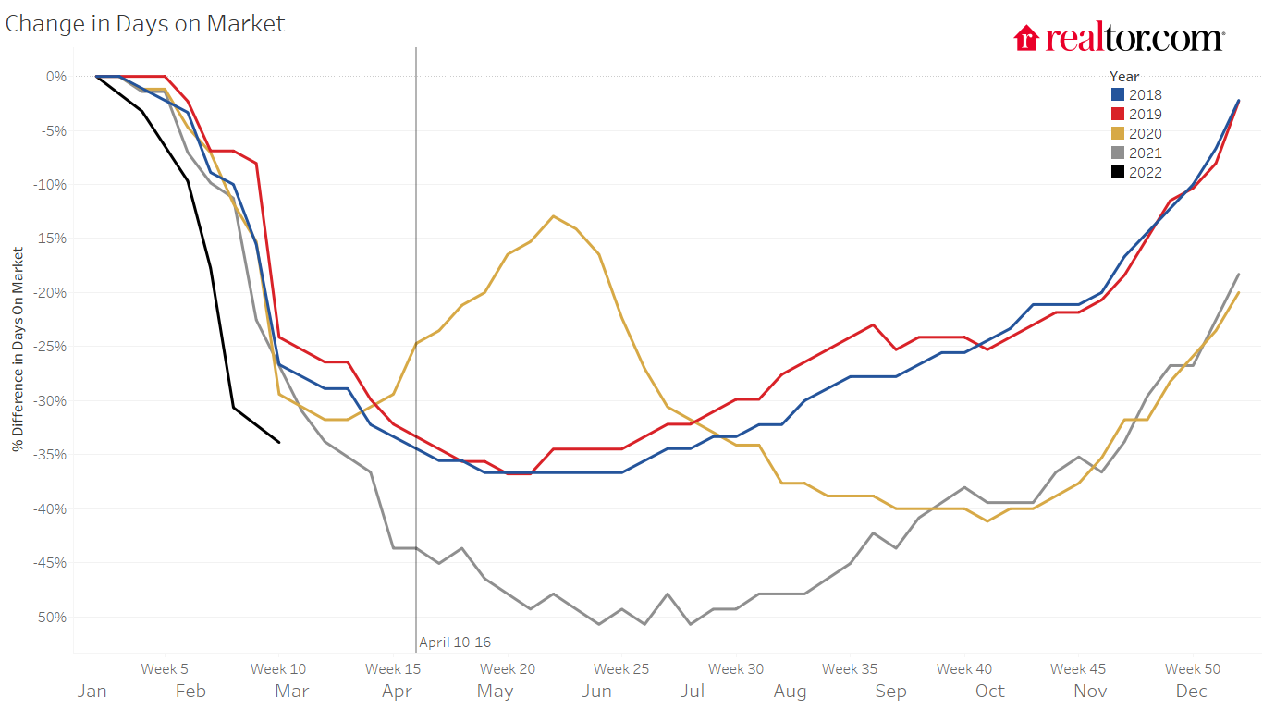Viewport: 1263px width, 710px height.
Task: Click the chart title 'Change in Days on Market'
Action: pos(145,24)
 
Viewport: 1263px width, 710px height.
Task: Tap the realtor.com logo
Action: pos(1119,39)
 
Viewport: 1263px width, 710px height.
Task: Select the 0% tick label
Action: pos(56,77)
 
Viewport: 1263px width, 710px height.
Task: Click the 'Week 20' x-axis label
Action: pos(508,669)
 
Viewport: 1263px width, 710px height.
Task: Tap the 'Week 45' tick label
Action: pos(1078,669)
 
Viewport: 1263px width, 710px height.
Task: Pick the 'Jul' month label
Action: pos(693,692)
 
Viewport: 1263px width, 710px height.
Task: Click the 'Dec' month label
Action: pos(1191,692)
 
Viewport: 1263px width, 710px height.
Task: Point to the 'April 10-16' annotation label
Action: pos(455,643)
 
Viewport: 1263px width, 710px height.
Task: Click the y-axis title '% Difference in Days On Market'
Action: pos(18,349)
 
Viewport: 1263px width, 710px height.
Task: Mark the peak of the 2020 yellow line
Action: pos(553,216)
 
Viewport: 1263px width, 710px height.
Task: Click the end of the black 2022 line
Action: pos(279,442)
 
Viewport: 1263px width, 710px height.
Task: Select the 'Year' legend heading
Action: pos(1124,77)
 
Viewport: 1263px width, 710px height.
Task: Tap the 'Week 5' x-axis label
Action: pos(165,669)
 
